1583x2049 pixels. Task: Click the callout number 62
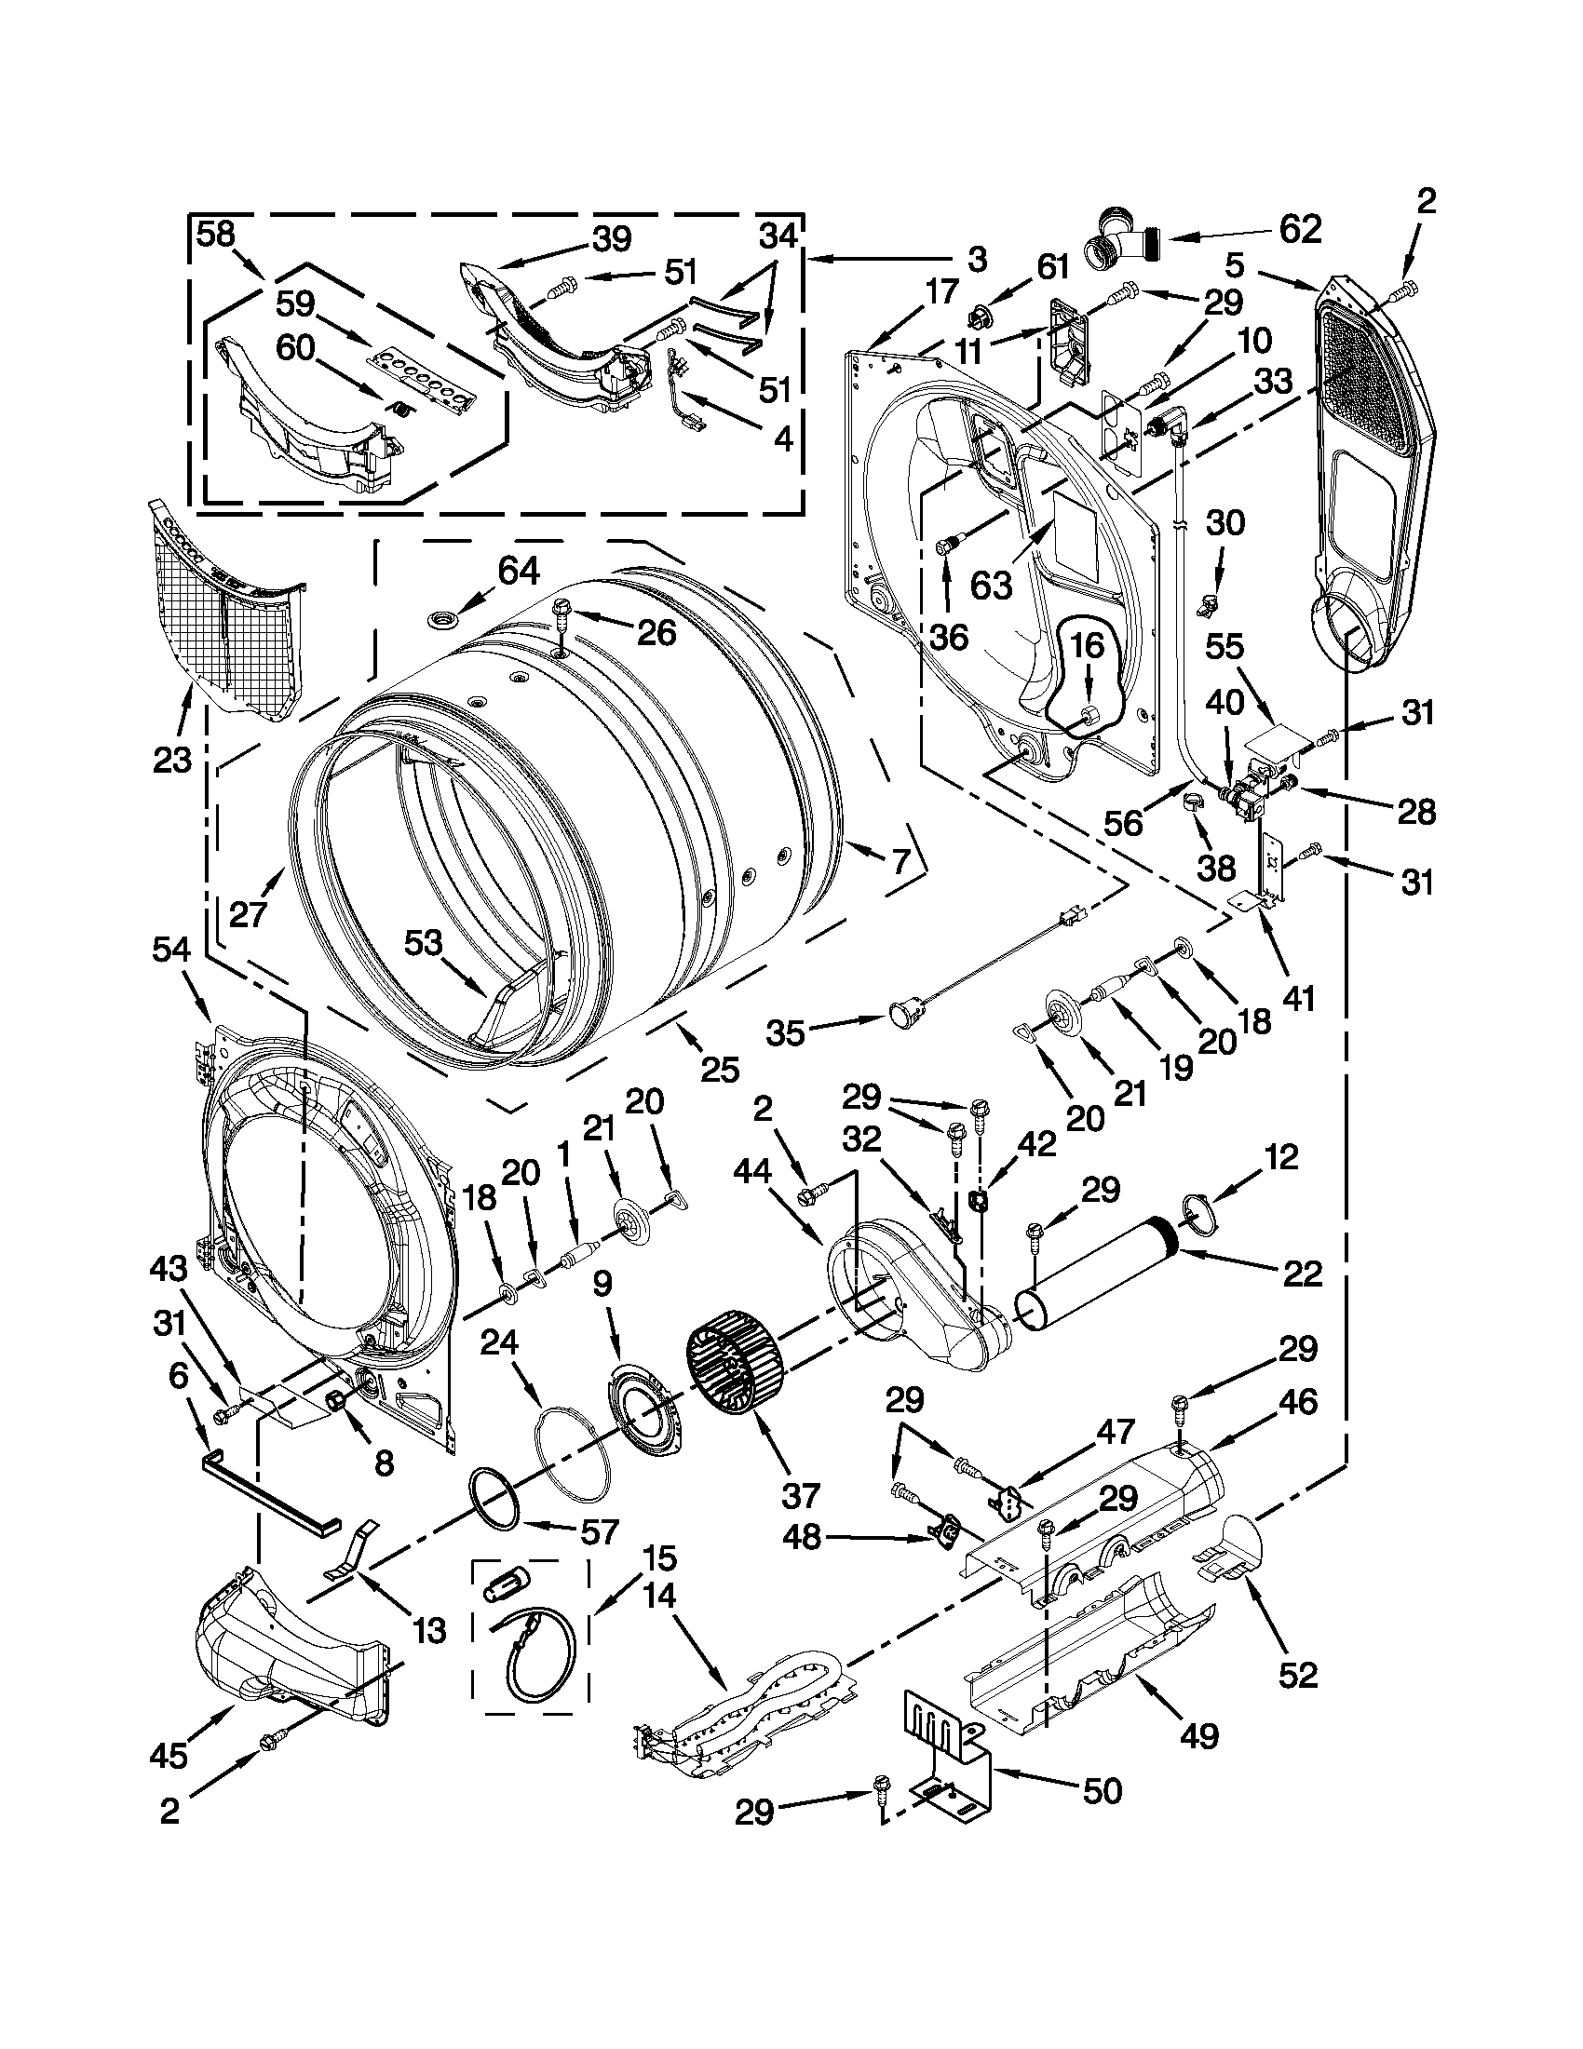point(1299,229)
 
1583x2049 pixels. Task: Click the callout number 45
point(169,1756)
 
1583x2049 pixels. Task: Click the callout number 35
point(784,1033)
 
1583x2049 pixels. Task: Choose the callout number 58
point(215,235)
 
